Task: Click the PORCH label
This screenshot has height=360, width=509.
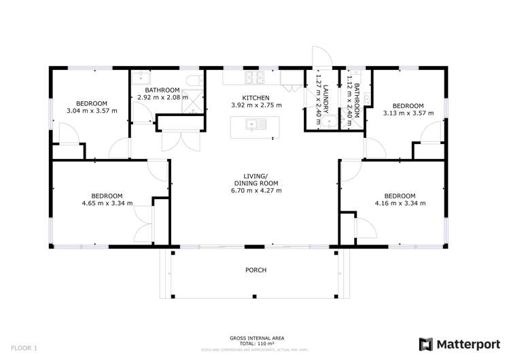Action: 256,270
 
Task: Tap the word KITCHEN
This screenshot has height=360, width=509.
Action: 256,98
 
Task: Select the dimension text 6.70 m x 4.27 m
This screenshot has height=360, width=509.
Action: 257,191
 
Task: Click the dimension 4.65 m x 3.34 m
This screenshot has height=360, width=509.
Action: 107,203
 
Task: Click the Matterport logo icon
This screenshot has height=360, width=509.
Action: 425,344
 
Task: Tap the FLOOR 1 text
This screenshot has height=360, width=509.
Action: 23,348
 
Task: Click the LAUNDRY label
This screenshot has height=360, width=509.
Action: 326,98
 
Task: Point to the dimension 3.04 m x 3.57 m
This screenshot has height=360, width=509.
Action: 92,111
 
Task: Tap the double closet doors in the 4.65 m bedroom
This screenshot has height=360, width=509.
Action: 145,223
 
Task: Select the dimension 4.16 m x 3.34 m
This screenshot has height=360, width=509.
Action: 400,203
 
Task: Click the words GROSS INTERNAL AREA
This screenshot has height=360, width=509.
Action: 257,338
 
